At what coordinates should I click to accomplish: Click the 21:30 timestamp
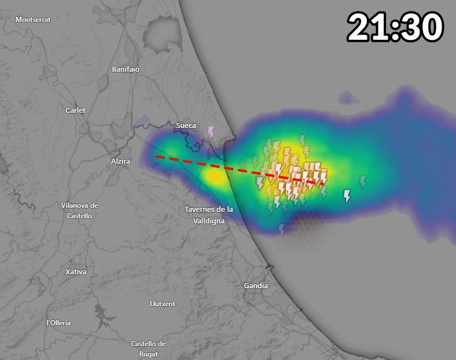pos(395,27)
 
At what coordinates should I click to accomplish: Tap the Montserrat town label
pos(33,20)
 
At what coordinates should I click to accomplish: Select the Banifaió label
pos(126,69)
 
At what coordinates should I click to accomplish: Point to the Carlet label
pos(75,110)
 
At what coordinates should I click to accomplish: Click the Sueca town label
pos(186,125)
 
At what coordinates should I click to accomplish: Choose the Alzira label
pos(120,161)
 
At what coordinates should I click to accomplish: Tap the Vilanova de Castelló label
pos(80,210)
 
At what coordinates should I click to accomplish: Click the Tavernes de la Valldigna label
pos(209,215)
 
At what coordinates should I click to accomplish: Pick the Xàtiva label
pos(75,271)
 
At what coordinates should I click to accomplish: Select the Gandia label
pos(256,285)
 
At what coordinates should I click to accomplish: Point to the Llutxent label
pos(163,303)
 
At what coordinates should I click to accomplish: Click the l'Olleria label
pos(58,322)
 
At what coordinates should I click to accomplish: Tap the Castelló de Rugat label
pos(148,348)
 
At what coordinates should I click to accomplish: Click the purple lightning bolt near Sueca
pos(211,132)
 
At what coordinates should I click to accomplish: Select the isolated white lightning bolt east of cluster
pos(347,196)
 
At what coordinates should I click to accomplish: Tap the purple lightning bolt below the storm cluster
pos(282,230)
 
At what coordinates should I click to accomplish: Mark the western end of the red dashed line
pos(156,156)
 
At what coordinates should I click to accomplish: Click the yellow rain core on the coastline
pos(215,177)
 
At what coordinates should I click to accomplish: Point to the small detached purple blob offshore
pos(348,97)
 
